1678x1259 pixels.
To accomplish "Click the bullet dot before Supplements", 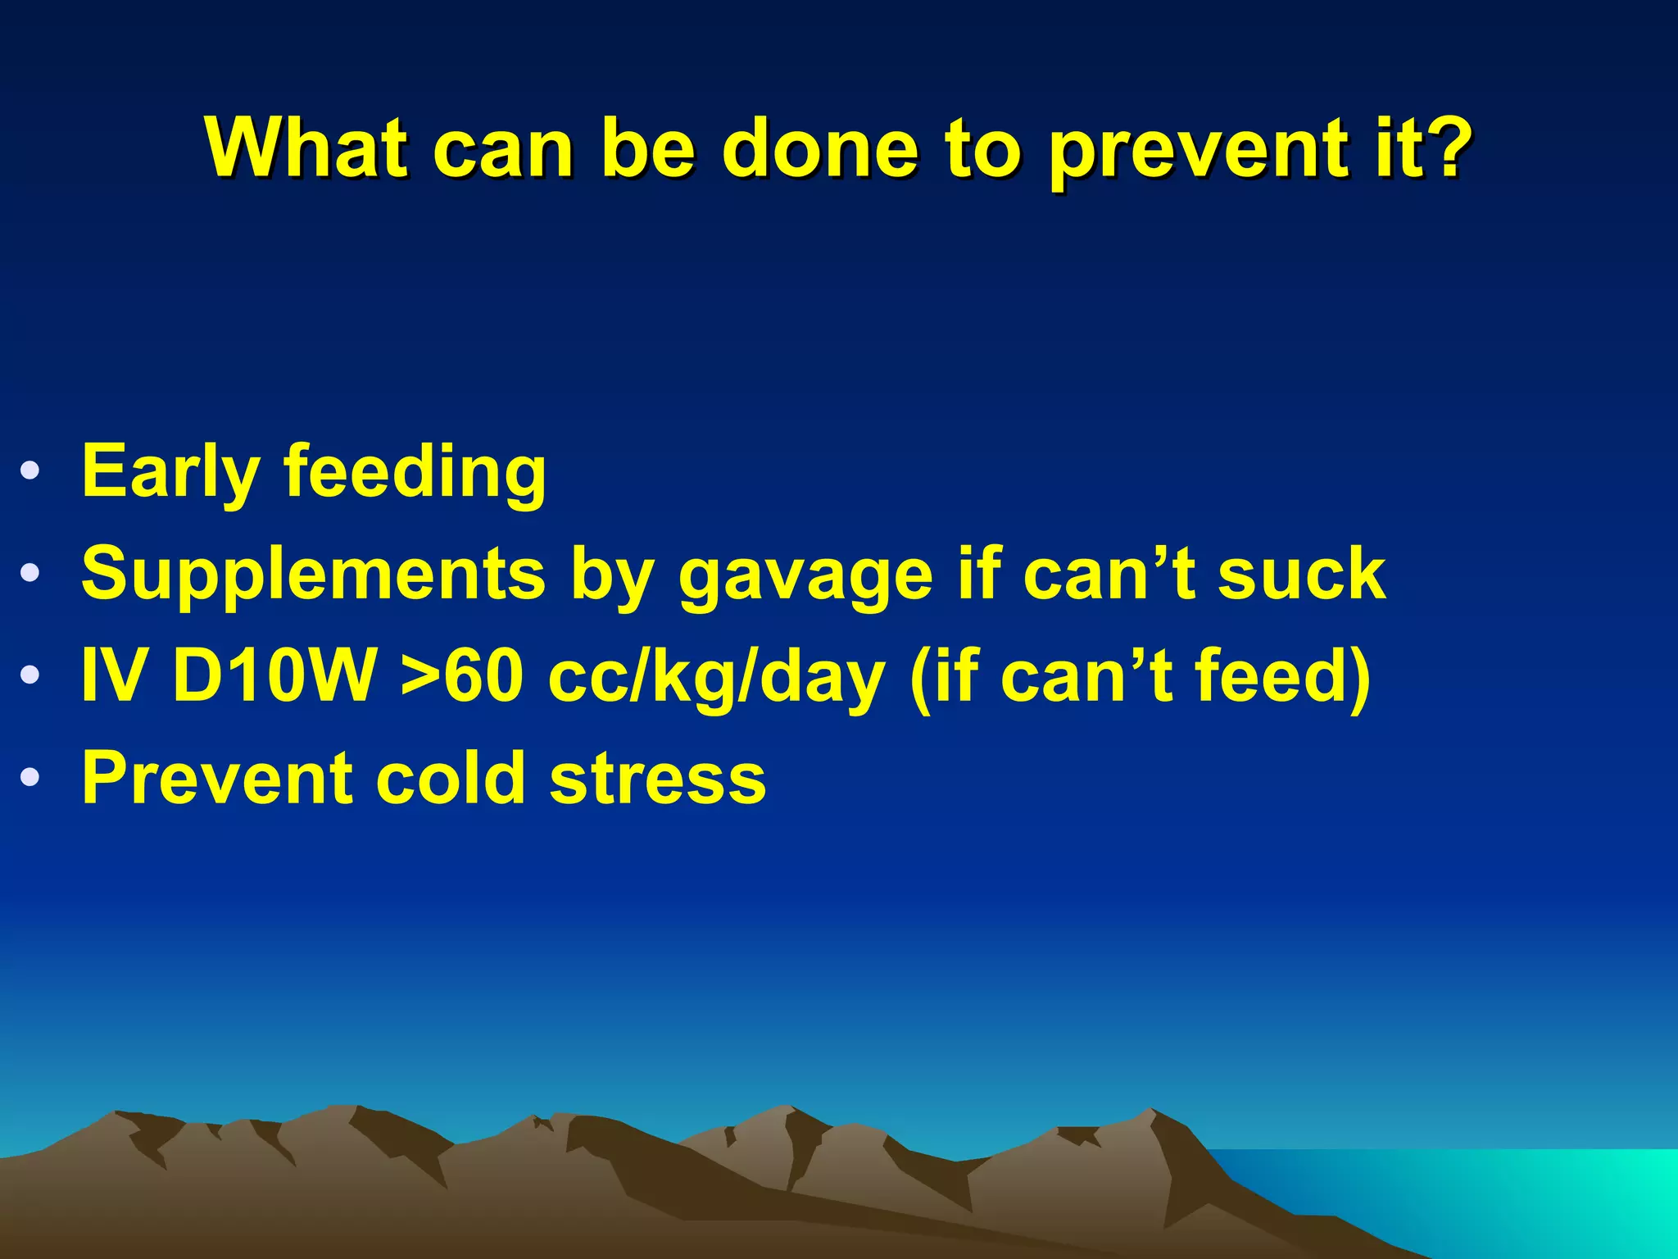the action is click(x=30, y=573).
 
